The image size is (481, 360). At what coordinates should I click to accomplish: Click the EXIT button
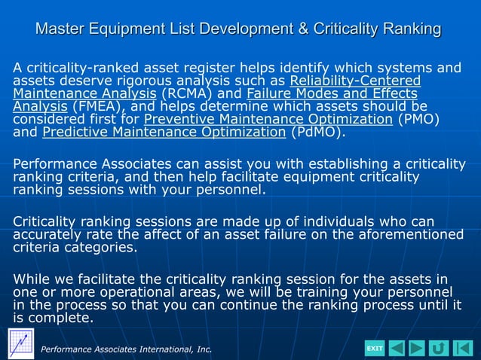[375, 348]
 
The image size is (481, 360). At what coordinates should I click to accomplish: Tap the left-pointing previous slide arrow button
[397, 348]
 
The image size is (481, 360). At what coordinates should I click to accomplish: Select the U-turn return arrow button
[439, 348]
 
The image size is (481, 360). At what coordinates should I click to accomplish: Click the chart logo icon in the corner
[20, 343]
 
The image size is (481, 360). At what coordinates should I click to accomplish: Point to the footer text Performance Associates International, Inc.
[127, 349]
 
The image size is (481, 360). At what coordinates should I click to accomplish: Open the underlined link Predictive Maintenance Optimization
[164, 133]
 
